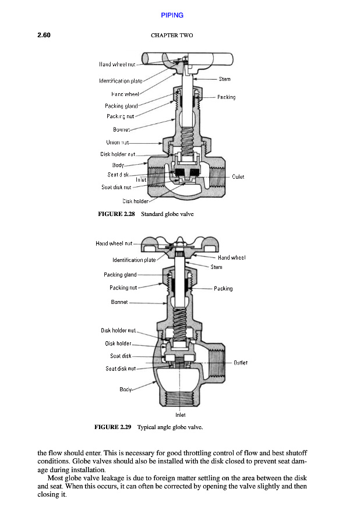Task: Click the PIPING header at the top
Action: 172,15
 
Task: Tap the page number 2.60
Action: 44,35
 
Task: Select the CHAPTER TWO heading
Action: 172,36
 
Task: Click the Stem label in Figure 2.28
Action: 224,79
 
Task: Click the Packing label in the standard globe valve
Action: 226,97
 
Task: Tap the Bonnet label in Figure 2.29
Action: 119,302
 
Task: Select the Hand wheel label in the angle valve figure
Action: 231,257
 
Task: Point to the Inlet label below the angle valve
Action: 181,415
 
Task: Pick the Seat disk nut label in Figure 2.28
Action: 117,187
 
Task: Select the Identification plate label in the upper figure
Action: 121,81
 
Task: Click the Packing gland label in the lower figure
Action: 120,274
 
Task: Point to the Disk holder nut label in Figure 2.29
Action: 118,331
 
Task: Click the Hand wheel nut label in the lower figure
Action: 114,243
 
